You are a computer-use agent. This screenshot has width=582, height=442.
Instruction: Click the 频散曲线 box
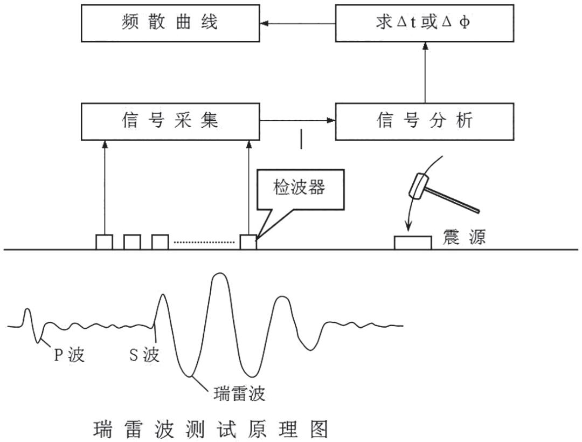pos(170,23)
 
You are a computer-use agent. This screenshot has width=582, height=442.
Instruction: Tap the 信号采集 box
pos(170,121)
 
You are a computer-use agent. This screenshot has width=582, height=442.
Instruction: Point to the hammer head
pos(421,187)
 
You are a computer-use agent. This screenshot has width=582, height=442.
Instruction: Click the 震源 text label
pos(464,237)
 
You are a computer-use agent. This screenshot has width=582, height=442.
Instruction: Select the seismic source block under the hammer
pos(412,243)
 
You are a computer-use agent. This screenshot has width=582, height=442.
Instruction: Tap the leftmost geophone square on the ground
pos(104,242)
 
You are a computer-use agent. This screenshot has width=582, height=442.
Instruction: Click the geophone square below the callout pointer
pos(248,242)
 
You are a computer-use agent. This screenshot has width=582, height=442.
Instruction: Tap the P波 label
pos(69,355)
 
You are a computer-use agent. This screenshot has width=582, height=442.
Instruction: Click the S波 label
pos(144,355)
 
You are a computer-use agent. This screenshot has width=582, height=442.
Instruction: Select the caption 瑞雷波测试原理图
pos(211,430)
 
